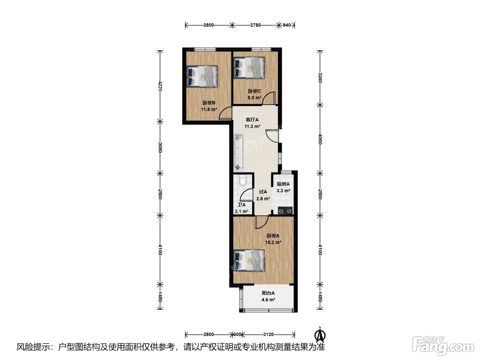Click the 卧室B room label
[209, 103]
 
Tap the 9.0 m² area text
[254, 98]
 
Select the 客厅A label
[252, 120]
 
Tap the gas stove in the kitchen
[285, 211]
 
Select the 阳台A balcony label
[268, 293]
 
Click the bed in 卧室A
[249, 261]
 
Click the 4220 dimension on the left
[160, 86]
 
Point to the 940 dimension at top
[287, 25]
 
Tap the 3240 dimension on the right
[320, 77]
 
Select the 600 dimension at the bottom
[237, 334]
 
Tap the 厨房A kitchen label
[283, 184]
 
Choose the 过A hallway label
[263, 192]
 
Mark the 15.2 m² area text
[273, 242]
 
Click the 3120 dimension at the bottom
[268, 334]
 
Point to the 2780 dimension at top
[255, 25]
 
